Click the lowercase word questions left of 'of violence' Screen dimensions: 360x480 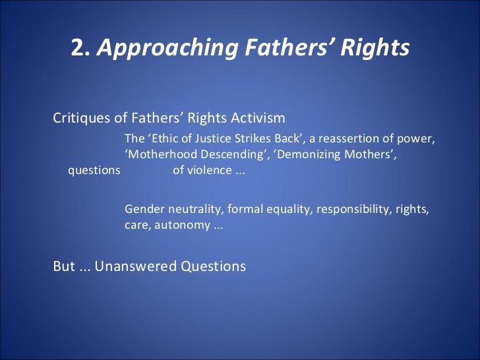pos(94,171)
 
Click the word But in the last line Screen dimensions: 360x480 pos(63,266)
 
